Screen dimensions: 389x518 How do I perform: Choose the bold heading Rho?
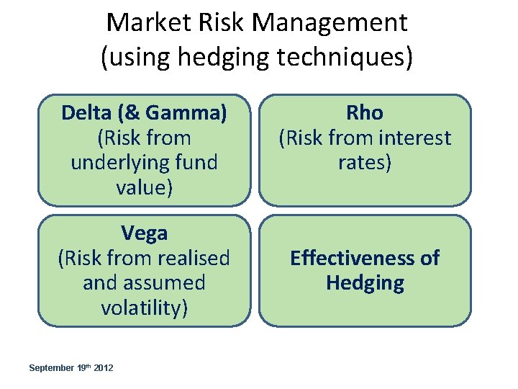tap(365, 113)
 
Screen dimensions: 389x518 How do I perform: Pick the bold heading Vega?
tap(144, 233)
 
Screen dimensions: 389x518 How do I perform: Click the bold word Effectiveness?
tap(346, 258)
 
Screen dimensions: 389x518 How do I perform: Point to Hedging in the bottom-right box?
tap(365, 282)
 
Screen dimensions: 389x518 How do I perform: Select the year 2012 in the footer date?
tap(104, 368)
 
